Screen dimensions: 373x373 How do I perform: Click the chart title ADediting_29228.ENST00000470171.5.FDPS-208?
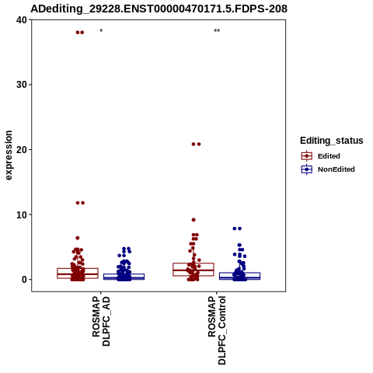point(159,9)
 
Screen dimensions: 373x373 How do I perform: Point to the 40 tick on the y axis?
point(22,20)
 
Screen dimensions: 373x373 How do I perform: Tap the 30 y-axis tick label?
point(22,85)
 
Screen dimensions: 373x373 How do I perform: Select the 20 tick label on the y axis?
point(22,150)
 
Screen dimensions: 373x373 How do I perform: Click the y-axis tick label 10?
point(22,214)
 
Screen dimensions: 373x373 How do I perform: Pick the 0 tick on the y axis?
point(25,280)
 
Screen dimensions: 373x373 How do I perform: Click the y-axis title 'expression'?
point(9,155)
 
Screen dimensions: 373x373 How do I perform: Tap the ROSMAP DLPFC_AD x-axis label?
point(101,321)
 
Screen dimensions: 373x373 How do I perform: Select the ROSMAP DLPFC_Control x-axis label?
point(217,330)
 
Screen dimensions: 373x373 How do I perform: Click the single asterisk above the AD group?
point(101,31)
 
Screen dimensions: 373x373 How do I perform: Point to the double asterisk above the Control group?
point(217,31)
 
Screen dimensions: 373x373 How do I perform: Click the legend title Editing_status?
point(332,141)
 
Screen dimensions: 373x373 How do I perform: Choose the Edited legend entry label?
point(329,156)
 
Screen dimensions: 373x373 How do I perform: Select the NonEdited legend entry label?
point(336,169)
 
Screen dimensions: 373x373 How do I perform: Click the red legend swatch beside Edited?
point(307,156)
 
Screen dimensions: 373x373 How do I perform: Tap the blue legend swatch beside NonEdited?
point(307,169)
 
